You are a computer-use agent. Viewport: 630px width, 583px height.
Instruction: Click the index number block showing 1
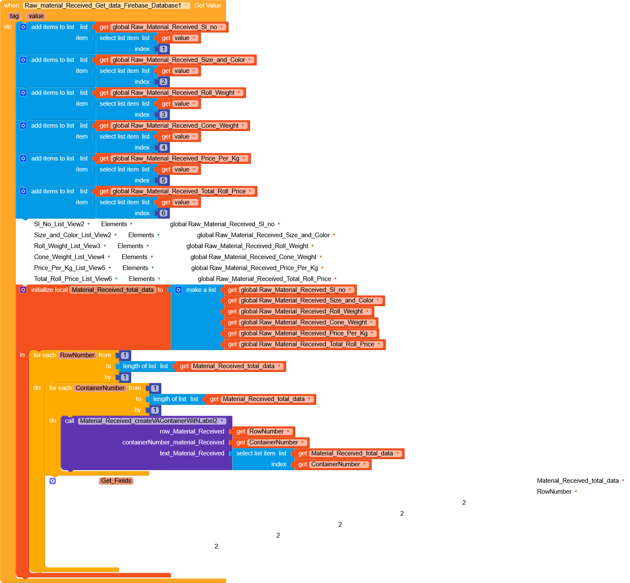163,49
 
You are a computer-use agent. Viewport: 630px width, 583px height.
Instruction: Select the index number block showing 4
163,147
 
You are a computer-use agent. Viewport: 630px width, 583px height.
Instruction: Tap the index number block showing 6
163,213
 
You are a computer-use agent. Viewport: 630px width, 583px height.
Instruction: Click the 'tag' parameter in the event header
14,16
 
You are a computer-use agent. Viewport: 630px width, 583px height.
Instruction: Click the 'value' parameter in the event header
36,16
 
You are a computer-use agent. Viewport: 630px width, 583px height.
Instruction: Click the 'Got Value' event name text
208,5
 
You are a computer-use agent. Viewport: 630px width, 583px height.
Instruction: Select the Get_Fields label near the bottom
116,481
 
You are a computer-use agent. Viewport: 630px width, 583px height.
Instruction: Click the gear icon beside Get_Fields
53,481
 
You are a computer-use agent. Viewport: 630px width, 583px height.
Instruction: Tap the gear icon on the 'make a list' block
179,290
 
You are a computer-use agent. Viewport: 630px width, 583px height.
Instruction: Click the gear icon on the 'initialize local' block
23,290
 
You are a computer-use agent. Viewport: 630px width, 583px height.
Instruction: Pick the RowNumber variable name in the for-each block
77,355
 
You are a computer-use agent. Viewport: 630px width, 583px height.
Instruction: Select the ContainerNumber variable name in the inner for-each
100,388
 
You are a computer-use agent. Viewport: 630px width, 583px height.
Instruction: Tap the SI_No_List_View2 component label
59,224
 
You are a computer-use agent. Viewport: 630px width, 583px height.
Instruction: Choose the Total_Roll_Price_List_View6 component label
73,279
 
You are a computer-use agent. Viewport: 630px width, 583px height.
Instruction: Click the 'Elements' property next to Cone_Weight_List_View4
135,257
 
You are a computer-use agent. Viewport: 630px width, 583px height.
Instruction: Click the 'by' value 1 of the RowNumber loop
125,377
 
